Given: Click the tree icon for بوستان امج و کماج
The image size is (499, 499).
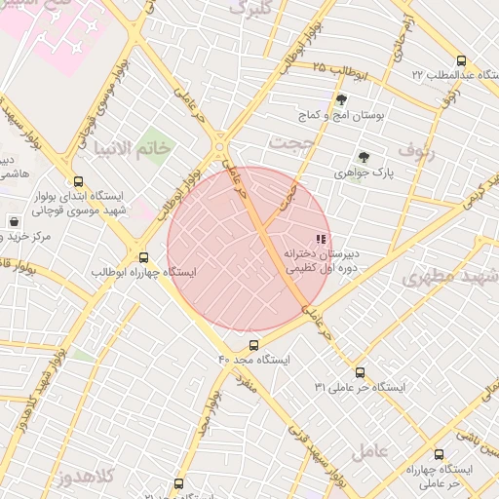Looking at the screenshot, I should coord(341,99).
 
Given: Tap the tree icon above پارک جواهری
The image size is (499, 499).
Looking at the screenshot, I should coord(364,156).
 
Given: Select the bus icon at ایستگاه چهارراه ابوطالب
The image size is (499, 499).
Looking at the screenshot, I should coord(144,257).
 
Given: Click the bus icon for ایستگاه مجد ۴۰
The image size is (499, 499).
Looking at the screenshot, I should coord(254,344).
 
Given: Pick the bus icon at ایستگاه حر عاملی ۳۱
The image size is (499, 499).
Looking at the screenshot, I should coord(360,371).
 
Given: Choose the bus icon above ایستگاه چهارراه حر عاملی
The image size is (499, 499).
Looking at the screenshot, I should coord(439,453).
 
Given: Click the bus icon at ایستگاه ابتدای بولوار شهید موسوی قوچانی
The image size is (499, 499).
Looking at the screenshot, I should coord(78,180).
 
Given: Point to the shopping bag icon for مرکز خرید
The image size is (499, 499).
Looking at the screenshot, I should coord(13,221).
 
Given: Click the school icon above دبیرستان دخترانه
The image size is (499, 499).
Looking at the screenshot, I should coord(320,239).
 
